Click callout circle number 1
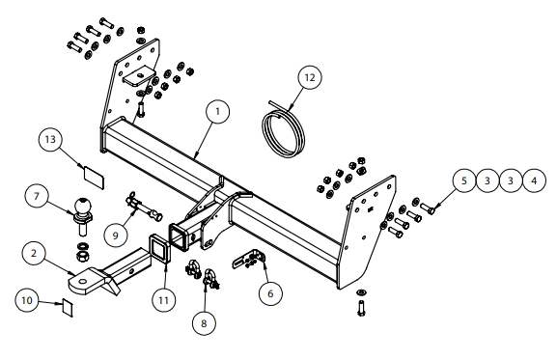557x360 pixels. point(217,112)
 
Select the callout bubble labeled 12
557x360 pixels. point(310,77)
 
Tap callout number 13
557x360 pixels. point(50,139)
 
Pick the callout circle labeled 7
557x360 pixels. point(36,196)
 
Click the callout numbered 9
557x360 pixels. point(116,235)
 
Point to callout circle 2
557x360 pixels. point(34,253)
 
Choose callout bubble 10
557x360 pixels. point(27,300)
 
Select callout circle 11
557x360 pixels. point(163,300)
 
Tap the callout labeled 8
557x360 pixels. point(204,323)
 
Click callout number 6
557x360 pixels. point(270,293)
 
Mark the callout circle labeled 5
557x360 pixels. point(464,180)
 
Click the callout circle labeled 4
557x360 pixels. point(534,180)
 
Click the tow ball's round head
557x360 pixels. point(82,206)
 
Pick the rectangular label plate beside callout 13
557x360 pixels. point(94,178)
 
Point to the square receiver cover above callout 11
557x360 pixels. point(157,248)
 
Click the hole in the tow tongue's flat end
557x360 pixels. point(82,282)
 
